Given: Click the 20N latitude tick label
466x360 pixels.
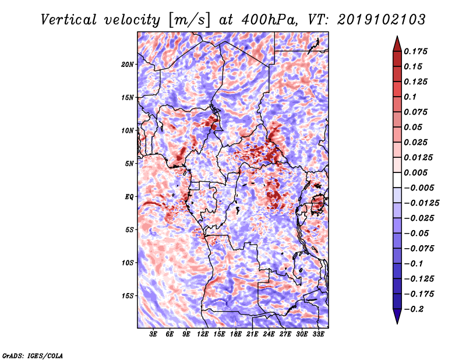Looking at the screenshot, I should (128, 64).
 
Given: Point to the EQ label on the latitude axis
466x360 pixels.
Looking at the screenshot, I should (130, 197).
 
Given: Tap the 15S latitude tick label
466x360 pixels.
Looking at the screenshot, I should (128, 296).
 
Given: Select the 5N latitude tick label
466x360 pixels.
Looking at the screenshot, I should (129, 164).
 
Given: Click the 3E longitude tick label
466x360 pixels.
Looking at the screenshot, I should (154, 334).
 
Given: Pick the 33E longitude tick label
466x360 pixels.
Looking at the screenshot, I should (318, 334).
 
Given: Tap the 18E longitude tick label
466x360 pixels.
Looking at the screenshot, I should (236, 334).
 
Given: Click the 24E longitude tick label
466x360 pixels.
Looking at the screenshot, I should (269, 334).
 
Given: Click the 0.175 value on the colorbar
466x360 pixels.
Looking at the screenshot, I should (417, 52).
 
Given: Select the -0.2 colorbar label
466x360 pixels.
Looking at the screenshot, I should (416, 309).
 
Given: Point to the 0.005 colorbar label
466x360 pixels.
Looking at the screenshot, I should (417, 173).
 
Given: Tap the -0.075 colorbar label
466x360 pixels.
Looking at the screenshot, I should (419, 248).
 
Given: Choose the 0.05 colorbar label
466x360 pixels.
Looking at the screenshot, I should (414, 127).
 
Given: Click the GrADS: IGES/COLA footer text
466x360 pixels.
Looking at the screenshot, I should (32, 355).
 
